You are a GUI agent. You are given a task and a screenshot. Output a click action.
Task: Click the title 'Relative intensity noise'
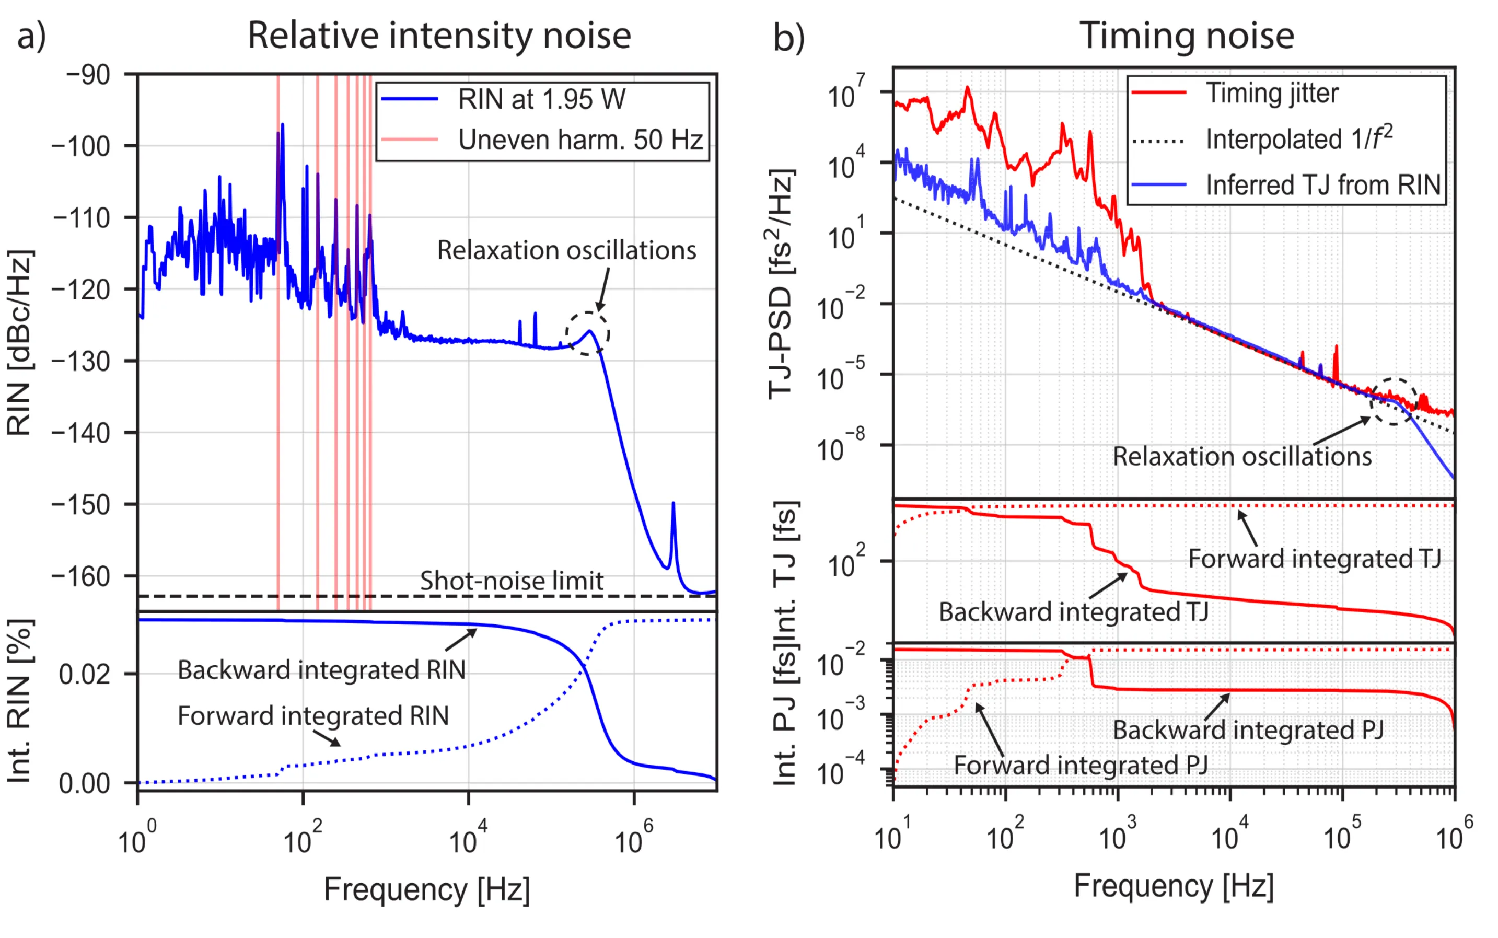(439, 36)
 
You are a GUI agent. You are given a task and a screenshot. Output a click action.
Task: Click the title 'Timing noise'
(1186, 36)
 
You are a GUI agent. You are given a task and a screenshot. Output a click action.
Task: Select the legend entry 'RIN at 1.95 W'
(541, 99)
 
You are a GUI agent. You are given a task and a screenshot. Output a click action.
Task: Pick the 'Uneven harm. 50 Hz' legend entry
(579, 140)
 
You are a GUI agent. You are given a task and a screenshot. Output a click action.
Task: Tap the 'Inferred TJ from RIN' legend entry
(1322, 185)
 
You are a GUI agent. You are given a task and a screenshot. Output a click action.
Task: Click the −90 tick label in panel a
(88, 75)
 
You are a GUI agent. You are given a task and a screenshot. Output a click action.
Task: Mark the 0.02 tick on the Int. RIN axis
(85, 674)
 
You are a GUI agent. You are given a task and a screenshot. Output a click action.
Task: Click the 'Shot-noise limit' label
(511, 581)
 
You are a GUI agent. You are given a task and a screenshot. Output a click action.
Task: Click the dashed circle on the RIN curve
(587, 334)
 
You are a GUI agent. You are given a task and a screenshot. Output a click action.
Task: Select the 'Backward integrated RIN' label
(321, 670)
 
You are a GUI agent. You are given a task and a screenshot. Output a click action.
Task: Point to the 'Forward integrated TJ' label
(1314, 558)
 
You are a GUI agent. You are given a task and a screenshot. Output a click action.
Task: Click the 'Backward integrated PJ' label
(1248, 729)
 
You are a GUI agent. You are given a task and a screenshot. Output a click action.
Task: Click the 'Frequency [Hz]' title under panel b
(1174, 886)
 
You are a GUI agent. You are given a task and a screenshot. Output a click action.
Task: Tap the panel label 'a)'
(31, 36)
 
